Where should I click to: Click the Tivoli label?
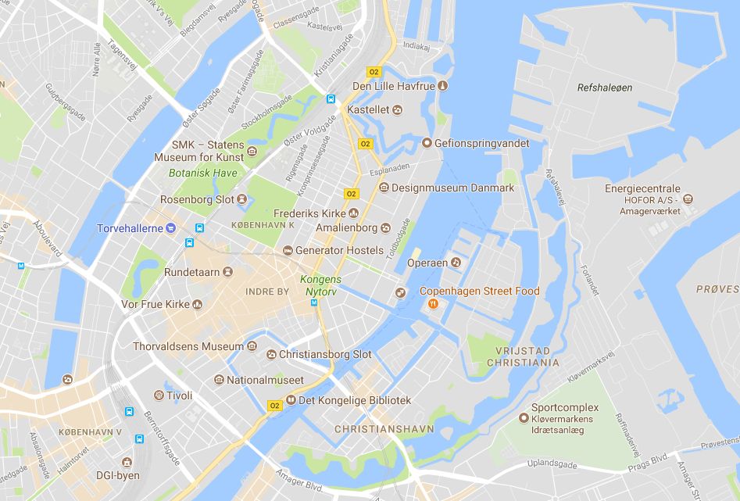pyautogui.click(x=179, y=395)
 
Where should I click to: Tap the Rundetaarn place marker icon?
pyautogui.click(x=227, y=272)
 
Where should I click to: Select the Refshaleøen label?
pyautogui.click(x=604, y=88)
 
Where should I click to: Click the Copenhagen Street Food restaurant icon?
pyautogui.click(x=432, y=304)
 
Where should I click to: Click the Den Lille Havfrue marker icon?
pyautogui.click(x=442, y=85)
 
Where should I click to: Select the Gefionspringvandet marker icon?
pyautogui.click(x=427, y=143)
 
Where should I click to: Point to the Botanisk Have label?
pyautogui.click(x=191, y=172)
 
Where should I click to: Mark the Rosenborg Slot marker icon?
pyautogui.click(x=242, y=199)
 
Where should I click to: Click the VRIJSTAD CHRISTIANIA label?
pyautogui.click(x=523, y=356)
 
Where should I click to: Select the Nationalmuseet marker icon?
pyautogui.click(x=219, y=381)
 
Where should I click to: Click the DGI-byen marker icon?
pyautogui.click(x=127, y=463)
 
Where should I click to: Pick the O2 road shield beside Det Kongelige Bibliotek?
pyautogui.click(x=274, y=406)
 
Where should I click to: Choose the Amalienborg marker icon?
pyautogui.click(x=385, y=228)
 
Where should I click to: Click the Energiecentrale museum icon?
pyautogui.click(x=688, y=199)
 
